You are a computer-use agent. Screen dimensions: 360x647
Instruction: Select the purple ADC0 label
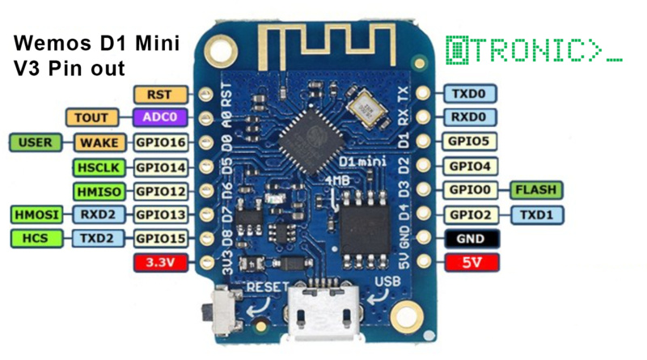tap(160, 118)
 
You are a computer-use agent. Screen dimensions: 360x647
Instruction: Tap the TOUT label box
tap(91, 118)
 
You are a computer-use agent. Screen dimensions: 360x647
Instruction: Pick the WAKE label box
tap(100, 143)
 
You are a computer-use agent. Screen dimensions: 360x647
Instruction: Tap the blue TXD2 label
tap(100, 239)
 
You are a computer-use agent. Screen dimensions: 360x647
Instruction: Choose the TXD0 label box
tap(470, 94)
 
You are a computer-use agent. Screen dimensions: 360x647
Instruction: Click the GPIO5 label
tap(470, 142)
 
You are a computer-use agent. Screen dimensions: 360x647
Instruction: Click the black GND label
tap(470, 239)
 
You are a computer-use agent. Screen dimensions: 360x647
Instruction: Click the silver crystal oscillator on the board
tap(362, 109)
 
